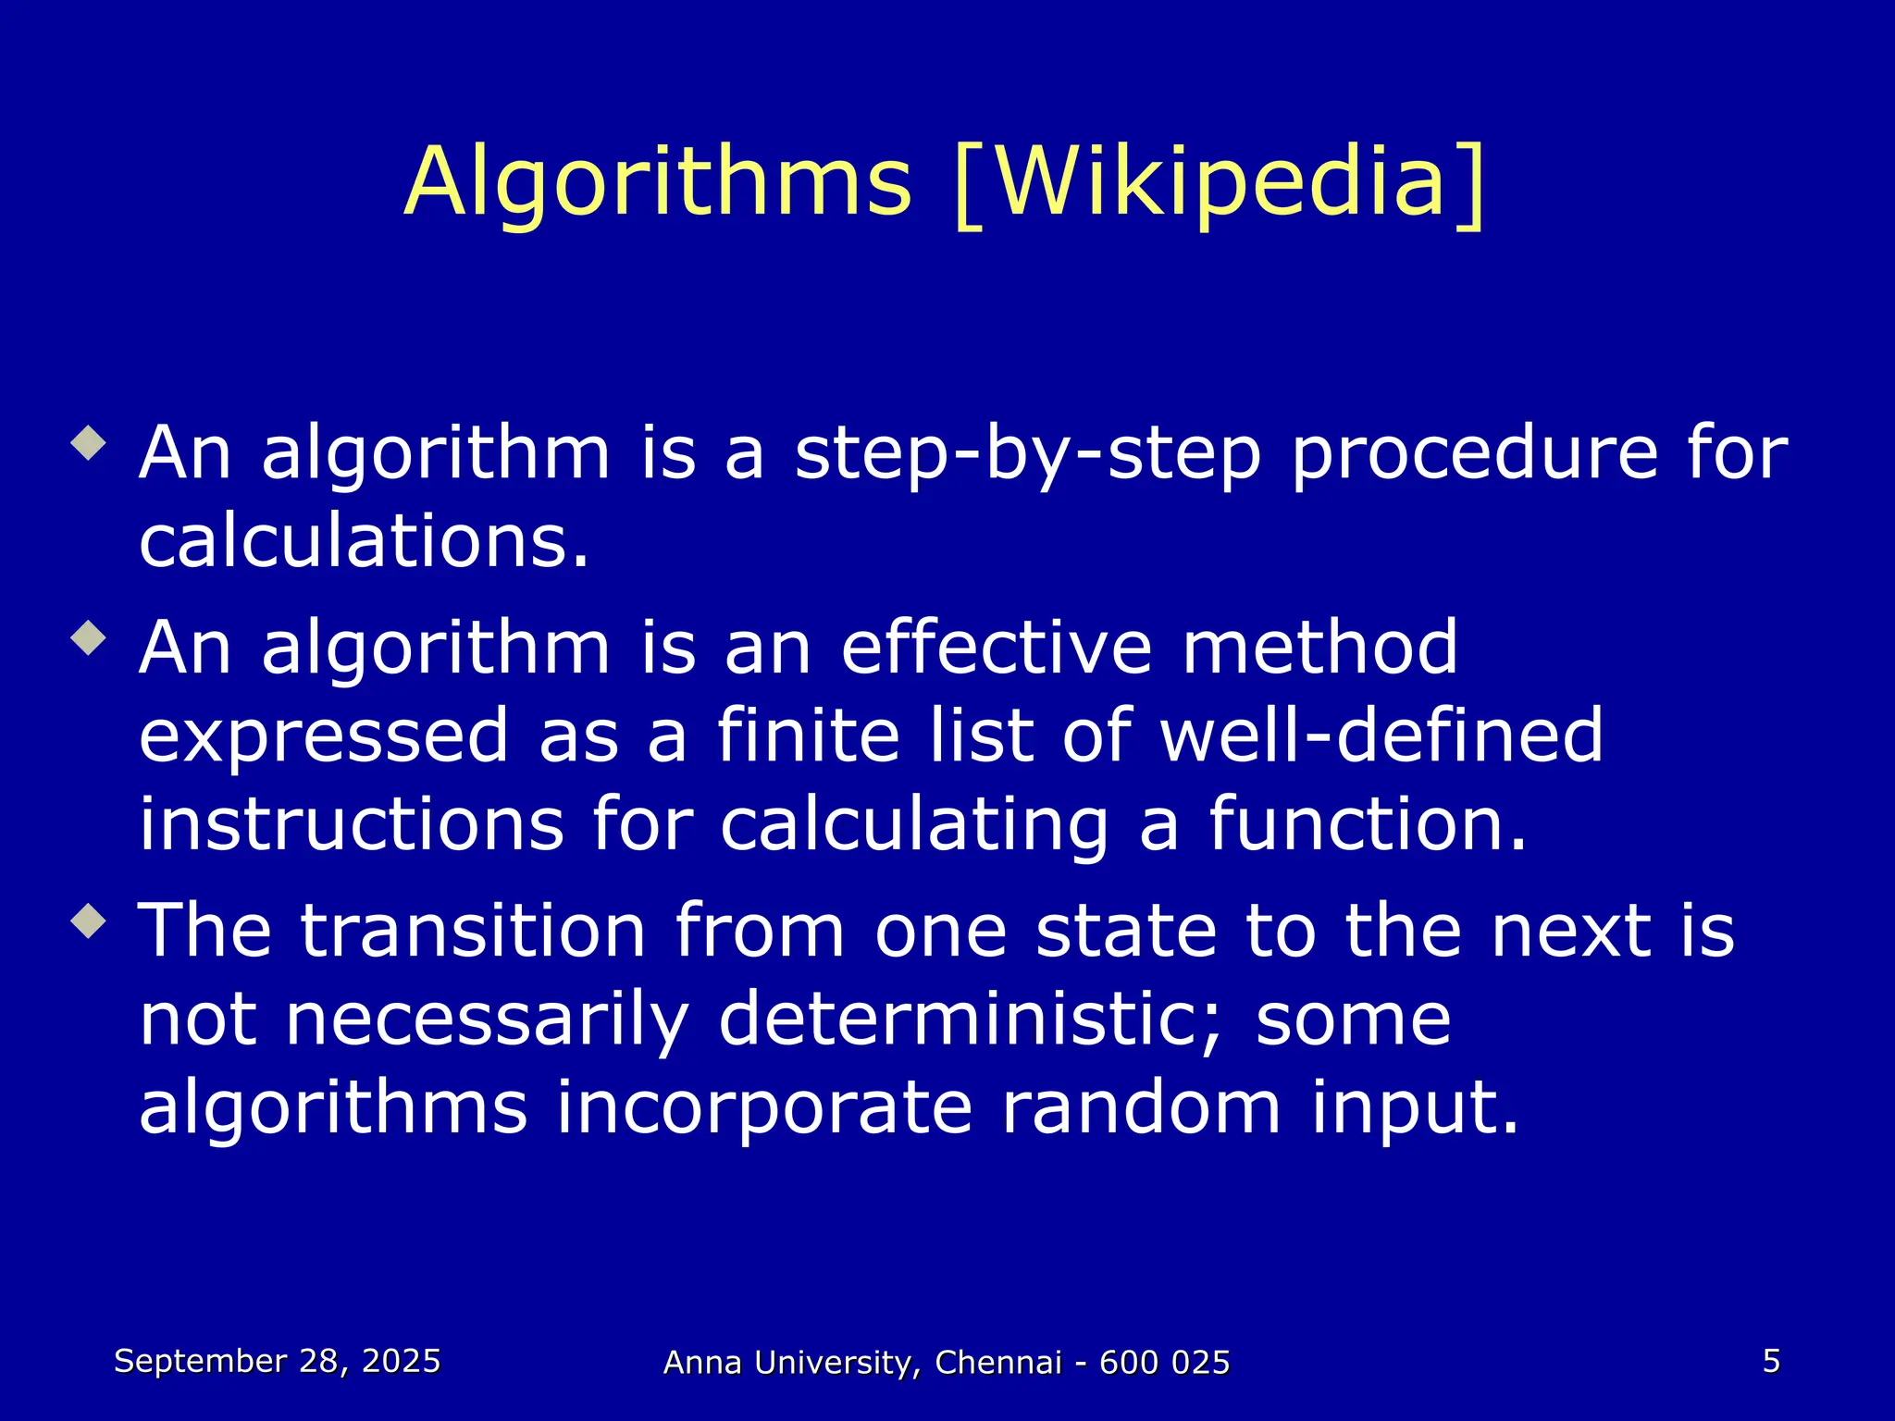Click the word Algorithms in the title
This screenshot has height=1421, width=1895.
click(658, 182)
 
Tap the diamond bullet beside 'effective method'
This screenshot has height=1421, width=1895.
click(89, 637)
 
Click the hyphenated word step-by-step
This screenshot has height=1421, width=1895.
click(1028, 455)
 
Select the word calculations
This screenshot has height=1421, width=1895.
click(364, 541)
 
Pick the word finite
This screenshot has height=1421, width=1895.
click(808, 736)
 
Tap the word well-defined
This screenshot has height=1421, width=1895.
click(1381, 736)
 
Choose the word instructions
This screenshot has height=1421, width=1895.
click(352, 824)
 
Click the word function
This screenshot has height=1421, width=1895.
click(1367, 824)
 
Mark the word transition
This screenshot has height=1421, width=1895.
click(473, 931)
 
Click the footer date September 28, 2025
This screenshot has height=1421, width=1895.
click(277, 1361)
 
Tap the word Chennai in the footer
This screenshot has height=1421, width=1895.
click(998, 1363)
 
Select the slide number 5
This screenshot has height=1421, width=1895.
click(1771, 1361)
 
